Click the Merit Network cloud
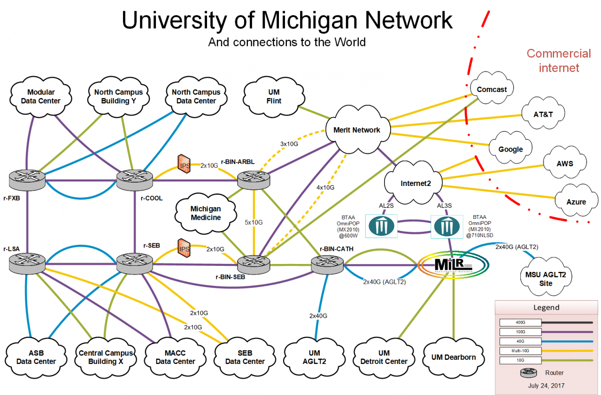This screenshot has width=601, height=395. pyautogui.click(x=357, y=130)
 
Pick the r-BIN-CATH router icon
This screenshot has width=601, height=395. pyautogui.click(x=327, y=265)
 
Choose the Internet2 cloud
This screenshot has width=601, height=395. pyautogui.click(x=413, y=183)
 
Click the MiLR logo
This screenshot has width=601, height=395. pyautogui.click(x=454, y=265)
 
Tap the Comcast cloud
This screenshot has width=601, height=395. pyautogui.click(x=492, y=89)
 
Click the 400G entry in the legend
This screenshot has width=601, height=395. pyautogui.click(x=521, y=323)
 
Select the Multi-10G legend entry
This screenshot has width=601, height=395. pyautogui.click(x=521, y=350)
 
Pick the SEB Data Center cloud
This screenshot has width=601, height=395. pyautogui.click(x=245, y=357)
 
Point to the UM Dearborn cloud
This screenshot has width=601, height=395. pyautogui.click(x=453, y=357)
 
